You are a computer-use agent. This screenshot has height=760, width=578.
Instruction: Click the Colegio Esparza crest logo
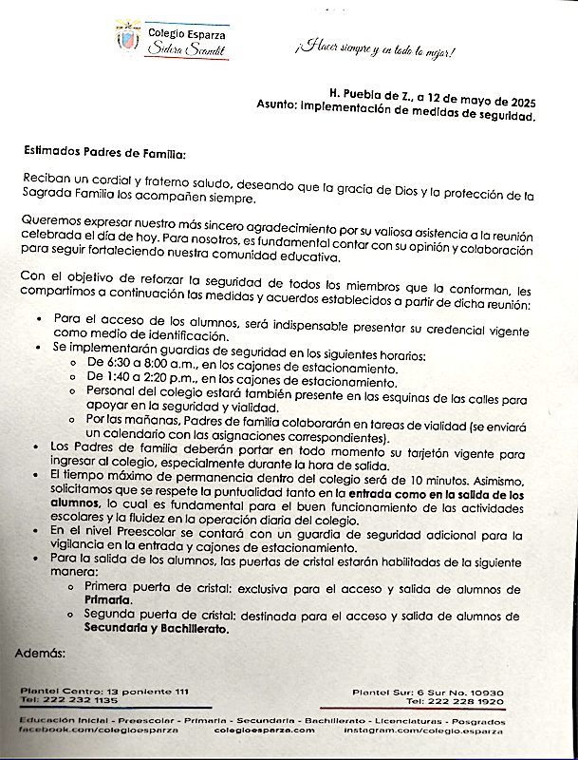[127, 38]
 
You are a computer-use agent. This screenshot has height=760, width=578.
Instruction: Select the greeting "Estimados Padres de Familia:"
[104, 152]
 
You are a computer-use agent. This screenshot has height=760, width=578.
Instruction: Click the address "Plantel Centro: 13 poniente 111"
[104, 690]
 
